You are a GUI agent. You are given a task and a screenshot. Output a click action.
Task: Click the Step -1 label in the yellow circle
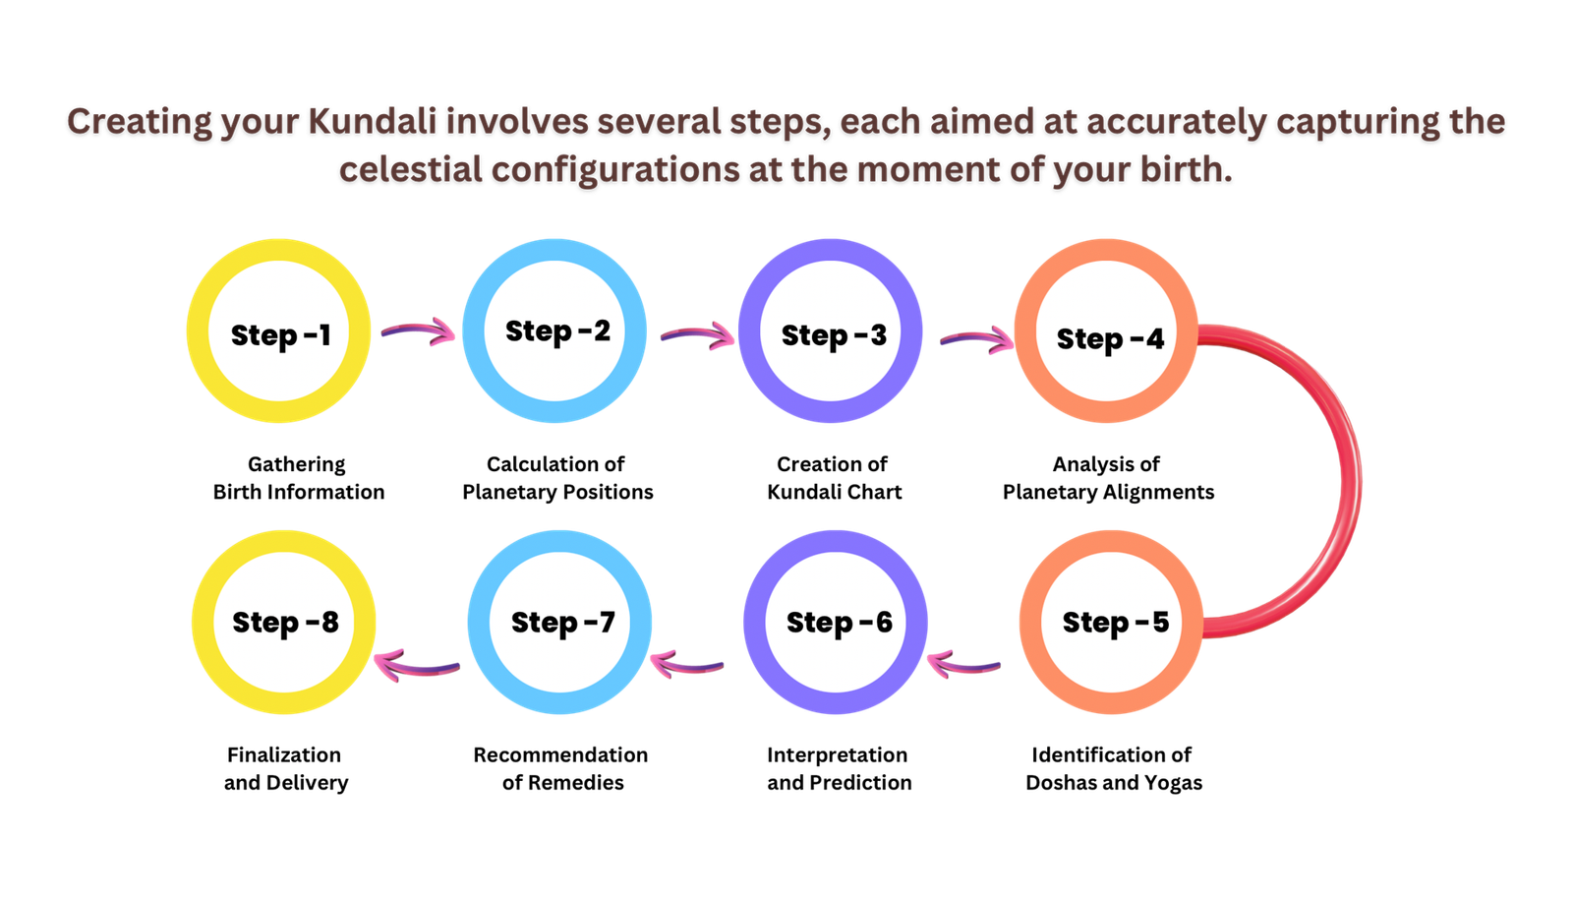281,335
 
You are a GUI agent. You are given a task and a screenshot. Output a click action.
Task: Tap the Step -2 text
558,331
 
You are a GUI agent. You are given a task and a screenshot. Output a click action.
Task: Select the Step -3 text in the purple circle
835,335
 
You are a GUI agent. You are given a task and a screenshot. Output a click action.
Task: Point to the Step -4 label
1110,338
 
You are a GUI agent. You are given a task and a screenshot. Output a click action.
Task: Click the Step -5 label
1116,623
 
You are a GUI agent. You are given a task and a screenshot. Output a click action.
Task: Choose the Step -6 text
840,623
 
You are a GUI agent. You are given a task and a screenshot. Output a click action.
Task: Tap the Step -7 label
563,623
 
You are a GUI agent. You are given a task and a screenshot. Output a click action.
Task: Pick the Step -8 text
286,623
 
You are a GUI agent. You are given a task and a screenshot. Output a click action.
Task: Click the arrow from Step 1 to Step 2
419,330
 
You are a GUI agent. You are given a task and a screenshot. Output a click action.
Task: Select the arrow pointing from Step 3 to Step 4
977,338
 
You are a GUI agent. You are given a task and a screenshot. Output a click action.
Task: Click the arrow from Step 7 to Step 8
417,666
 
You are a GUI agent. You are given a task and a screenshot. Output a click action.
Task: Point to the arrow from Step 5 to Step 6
963,664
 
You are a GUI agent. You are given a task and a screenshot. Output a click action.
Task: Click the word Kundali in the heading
373,121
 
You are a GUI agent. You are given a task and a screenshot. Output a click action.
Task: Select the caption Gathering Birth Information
299,478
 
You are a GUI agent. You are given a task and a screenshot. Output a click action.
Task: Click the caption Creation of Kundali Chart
835,478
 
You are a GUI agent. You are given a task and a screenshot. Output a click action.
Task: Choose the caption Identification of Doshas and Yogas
1114,769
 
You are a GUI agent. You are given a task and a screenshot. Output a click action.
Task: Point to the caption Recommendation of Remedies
561,769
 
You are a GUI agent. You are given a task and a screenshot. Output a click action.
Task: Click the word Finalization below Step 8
284,754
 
